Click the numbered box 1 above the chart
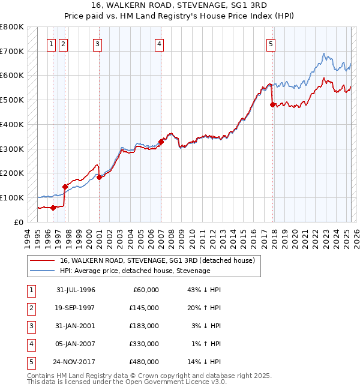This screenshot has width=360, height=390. point(51,43)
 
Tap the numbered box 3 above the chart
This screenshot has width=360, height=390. point(97,43)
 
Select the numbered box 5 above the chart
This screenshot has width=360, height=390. point(271,43)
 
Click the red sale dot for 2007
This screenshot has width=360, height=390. point(161,142)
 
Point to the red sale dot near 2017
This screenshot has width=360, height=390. point(273,104)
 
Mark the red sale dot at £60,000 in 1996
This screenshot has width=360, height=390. point(53,208)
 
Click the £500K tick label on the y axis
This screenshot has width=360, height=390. point(12,100)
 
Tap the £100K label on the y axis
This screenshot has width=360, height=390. point(12,197)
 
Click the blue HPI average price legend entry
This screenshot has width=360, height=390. point(134,271)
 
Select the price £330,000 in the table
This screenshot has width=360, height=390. point(144,344)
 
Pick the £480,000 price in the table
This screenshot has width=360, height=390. point(144,362)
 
